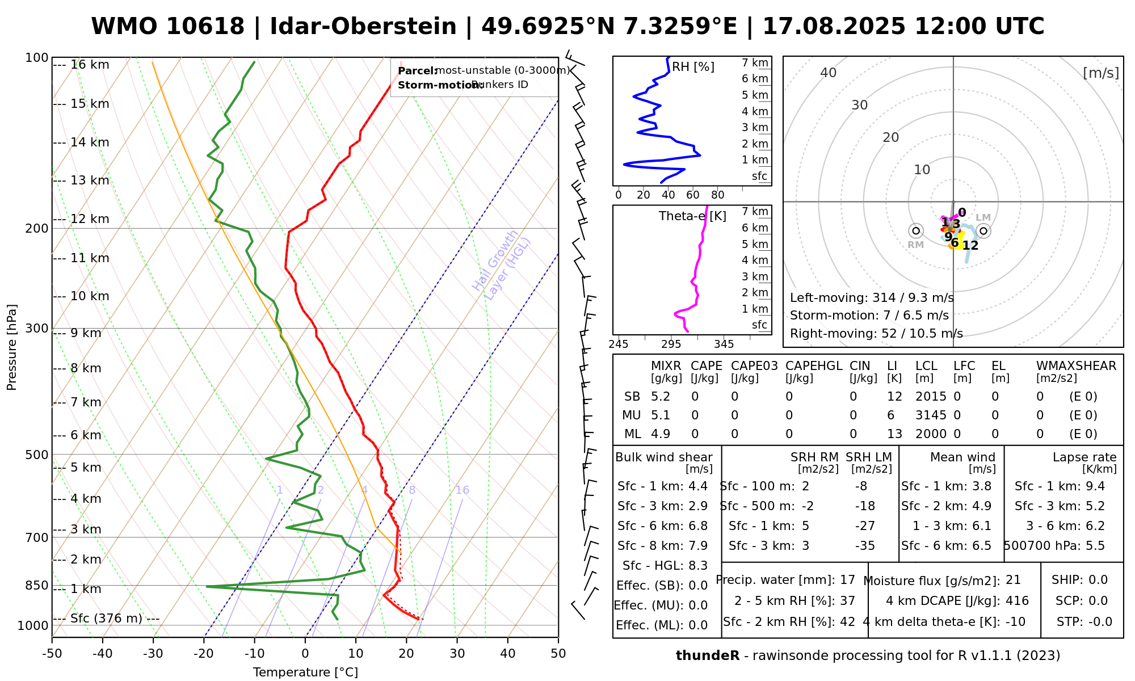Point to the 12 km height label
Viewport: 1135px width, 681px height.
[x=90, y=219]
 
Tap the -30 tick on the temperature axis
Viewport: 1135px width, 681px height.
[x=153, y=654]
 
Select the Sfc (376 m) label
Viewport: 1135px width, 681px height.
[x=106, y=619]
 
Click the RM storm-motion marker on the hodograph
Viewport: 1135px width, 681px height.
[x=915, y=231]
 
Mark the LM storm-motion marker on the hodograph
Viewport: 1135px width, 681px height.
[x=983, y=231]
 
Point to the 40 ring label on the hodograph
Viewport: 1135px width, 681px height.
[x=829, y=73]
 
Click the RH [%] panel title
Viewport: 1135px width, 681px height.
[x=693, y=67]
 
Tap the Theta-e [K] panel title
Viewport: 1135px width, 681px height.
[x=692, y=216]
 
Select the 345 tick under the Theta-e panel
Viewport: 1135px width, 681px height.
[x=724, y=344]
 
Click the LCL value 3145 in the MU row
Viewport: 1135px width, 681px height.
[x=931, y=415]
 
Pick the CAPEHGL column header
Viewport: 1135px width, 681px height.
[x=814, y=366]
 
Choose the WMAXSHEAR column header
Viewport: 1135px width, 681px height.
[x=1076, y=366]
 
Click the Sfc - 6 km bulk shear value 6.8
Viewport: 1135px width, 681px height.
[x=697, y=526]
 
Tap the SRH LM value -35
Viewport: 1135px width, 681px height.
[x=865, y=546]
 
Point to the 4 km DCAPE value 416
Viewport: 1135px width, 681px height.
[x=1017, y=601]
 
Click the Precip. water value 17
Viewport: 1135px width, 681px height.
[x=847, y=580]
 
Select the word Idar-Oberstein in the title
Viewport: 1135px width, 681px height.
[x=363, y=27]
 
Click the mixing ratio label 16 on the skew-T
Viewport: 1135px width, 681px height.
[x=462, y=490]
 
